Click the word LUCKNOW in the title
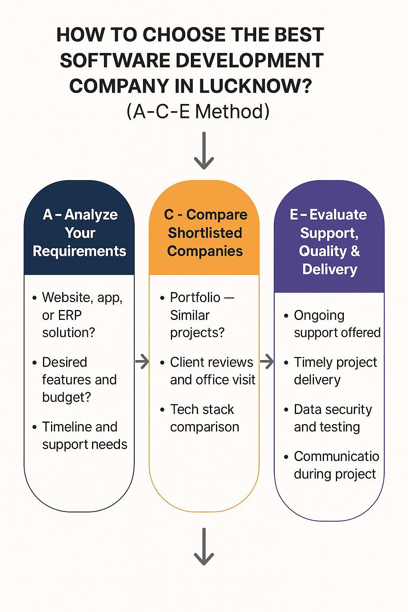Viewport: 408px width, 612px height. coord(255,86)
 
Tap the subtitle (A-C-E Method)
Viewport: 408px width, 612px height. coord(198,112)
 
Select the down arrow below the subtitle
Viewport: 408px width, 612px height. coord(204,151)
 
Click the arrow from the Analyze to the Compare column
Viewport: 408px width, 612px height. coord(142,362)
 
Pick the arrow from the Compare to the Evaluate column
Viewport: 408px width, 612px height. coord(267,362)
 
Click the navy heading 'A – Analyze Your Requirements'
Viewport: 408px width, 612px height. coord(80,233)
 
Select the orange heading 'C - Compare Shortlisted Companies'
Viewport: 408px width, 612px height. coord(205,233)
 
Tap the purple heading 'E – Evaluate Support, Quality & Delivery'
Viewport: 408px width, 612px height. coord(329,242)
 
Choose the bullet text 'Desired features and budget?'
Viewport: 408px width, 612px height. coord(79,380)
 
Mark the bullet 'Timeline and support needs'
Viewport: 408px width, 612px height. coord(85,436)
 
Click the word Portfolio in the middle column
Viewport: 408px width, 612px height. coord(195,298)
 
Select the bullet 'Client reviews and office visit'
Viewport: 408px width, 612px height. coord(213,371)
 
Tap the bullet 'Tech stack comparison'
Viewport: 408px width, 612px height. coord(204,418)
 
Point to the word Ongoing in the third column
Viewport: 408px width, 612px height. coord(319,316)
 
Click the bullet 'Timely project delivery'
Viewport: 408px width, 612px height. coord(335,371)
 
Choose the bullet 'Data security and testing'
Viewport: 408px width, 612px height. coord(333,418)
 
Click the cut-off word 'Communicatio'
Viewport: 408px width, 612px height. coord(336,456)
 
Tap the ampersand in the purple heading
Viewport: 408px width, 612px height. coord(355,251)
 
